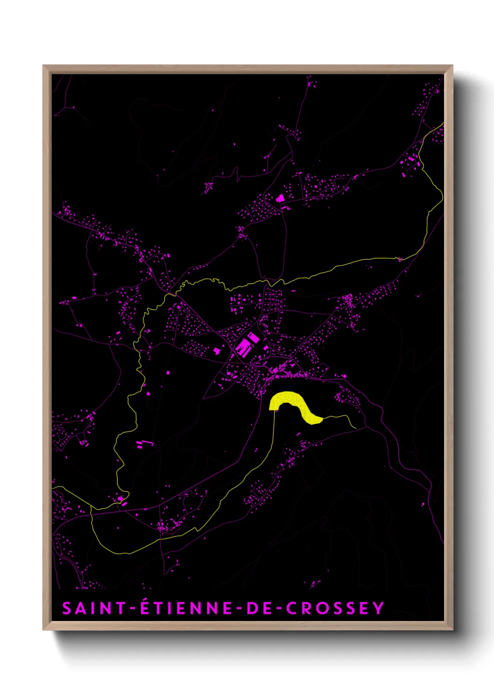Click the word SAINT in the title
click(94, 608)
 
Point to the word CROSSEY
click(335, 608)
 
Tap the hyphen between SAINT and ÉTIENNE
click(133, 609)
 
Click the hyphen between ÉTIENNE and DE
click(239, 609)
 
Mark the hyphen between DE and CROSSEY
click(279, 609)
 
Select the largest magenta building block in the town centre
click(244, 347)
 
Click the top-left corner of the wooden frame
click(44, 66)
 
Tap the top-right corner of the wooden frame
click(452, 66)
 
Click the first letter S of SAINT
click(67, 608)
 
